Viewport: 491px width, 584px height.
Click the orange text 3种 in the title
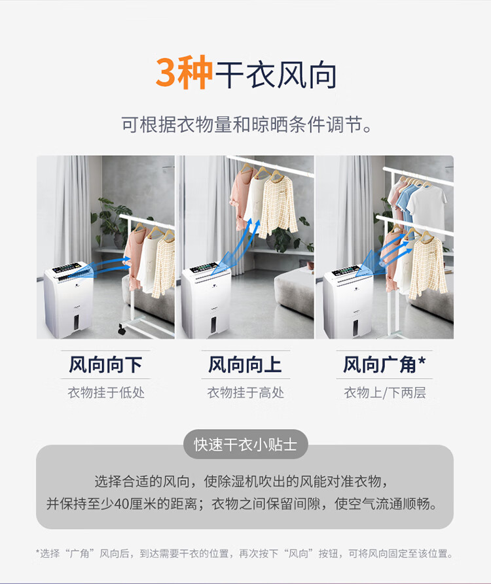click(184, 73)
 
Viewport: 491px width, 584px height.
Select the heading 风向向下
click(105, 365)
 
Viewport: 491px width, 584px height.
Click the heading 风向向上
click(245, 365)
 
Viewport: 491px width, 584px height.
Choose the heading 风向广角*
click(384, 365)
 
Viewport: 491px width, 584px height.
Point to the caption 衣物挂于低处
click(106, 392)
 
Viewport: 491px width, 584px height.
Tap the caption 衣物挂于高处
click(245, 392)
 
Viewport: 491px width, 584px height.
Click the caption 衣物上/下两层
click(385, 392)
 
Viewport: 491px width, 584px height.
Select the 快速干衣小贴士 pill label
click(245, 444)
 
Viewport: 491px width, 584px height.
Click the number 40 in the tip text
click(122, 504)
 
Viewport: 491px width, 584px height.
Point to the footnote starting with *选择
click(245, 553)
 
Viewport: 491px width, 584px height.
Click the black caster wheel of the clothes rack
click(122, 329)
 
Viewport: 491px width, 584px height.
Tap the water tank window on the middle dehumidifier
click(214, 325)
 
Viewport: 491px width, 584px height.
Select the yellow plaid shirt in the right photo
click(427, 266)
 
